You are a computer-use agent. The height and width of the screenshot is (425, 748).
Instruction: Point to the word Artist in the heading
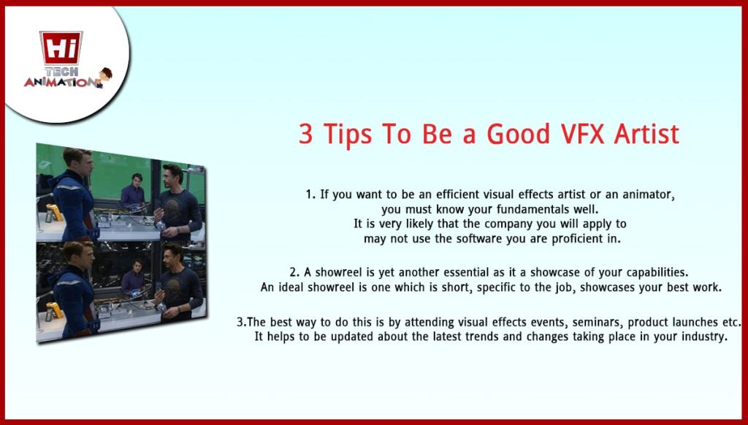[x=647, y=134]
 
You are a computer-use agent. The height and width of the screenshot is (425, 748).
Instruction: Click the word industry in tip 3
[x=702, y=337]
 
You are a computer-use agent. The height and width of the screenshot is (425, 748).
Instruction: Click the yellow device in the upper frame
[x=53, y=214]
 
